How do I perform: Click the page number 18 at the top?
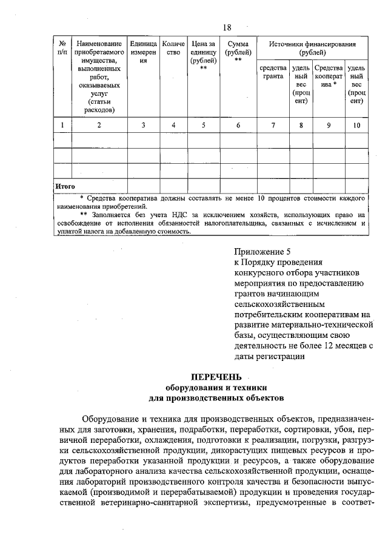coord(227,27)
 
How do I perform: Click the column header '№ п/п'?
coord(62,48)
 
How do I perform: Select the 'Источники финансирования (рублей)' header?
coord(312,48)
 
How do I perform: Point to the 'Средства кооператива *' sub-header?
coord(329,76)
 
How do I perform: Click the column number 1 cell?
coord(62,125)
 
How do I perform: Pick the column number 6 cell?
coord(238,125)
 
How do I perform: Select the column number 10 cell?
coord(356,125)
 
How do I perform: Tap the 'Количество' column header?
coord(173,48)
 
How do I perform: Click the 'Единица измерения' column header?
coord(144,52)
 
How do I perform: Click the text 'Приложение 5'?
coord(263,251)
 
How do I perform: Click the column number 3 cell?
coord(144,125)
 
